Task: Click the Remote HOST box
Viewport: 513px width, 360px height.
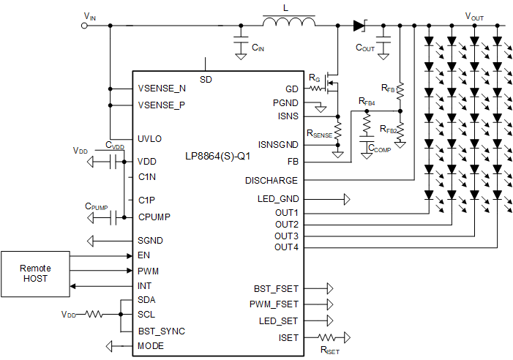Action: tap(35, 274)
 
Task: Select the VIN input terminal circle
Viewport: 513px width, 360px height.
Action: tap(84, 25)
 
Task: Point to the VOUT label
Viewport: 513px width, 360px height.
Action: tap(474, 16)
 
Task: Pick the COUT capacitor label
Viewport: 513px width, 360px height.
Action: tap(364, 48)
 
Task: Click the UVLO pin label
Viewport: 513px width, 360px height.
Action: tap(150, 139)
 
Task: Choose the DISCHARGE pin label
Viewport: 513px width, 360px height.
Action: tap(272, 181)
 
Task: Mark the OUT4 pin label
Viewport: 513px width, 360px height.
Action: tap(286, 247)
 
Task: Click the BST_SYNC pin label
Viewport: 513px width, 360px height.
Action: tap(161, 331)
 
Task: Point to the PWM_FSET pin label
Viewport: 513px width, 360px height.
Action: tap(274, 304)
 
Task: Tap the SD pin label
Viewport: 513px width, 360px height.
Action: tap(206, 79)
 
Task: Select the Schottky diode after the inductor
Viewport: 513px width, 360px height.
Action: tap(359, 25)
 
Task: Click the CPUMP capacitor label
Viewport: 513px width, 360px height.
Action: tap(97, 207)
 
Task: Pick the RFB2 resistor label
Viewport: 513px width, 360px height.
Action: tap(389, 130)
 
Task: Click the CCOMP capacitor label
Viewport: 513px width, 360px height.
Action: tap(380, 149)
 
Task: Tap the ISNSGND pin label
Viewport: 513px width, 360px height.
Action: tap(278, 144)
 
